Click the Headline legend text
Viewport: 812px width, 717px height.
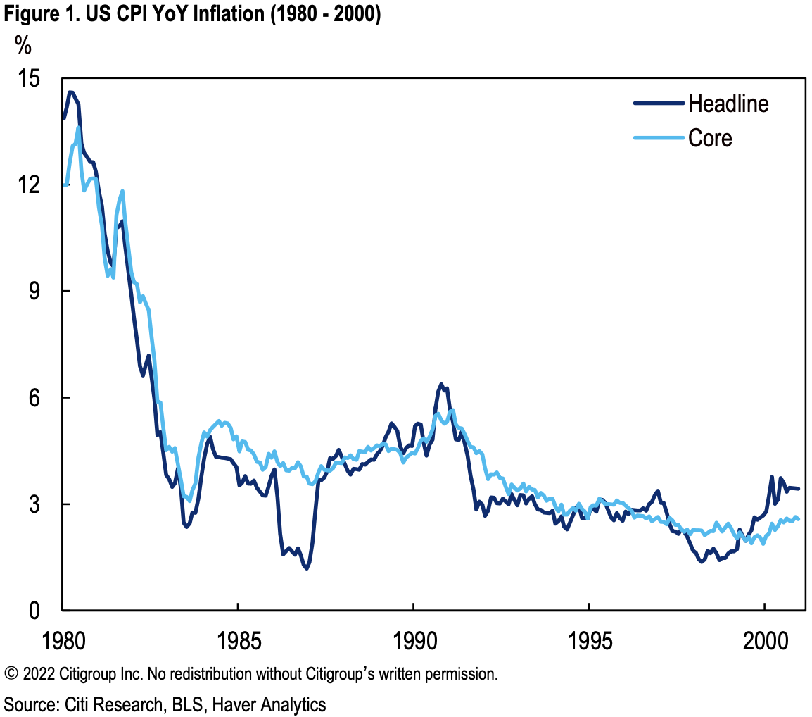[728, 104]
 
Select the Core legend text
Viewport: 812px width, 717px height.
[710, 138]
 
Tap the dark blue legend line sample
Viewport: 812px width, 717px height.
[659, 104]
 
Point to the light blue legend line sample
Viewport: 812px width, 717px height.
[659, 138]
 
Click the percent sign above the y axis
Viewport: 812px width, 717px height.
[23, 46]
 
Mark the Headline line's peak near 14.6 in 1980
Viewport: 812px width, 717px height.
[70, 92]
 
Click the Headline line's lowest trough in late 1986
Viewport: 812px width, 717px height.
[307, 568]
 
